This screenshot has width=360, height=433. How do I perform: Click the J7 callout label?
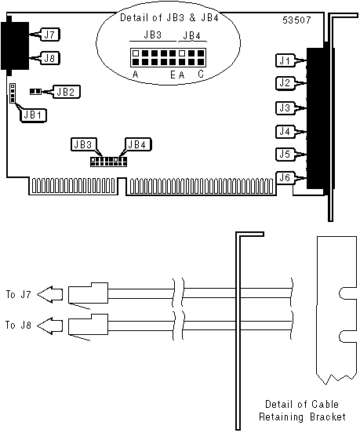[50, 35]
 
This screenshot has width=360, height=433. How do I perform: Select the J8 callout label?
[50, 58]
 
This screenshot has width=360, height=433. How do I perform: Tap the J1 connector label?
[285, 60]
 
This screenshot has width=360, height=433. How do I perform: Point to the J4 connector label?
[285, 132]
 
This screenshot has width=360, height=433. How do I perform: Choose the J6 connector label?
[285, 177]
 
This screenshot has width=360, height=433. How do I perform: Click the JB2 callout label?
[66, 92]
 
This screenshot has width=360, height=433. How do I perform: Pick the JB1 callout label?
[33, 115]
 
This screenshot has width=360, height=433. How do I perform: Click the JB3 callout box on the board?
[83, 144]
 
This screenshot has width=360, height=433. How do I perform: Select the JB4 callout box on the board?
[138, 144]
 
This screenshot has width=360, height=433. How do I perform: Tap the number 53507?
[296, 20]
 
